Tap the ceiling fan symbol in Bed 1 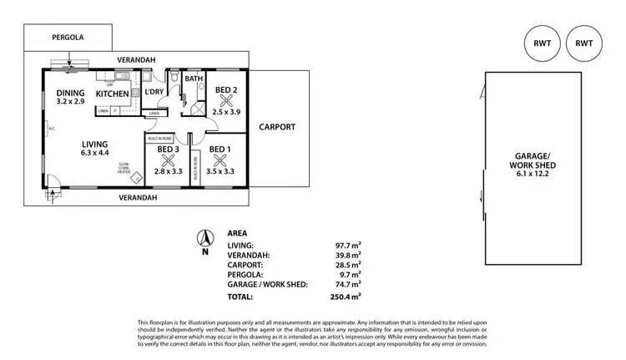coord(220,160)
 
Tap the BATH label coord(194,80)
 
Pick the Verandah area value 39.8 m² coord(348,255)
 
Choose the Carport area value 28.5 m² coord(348,265)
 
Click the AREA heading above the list coord(238,233)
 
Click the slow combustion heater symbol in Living coord(126,175)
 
